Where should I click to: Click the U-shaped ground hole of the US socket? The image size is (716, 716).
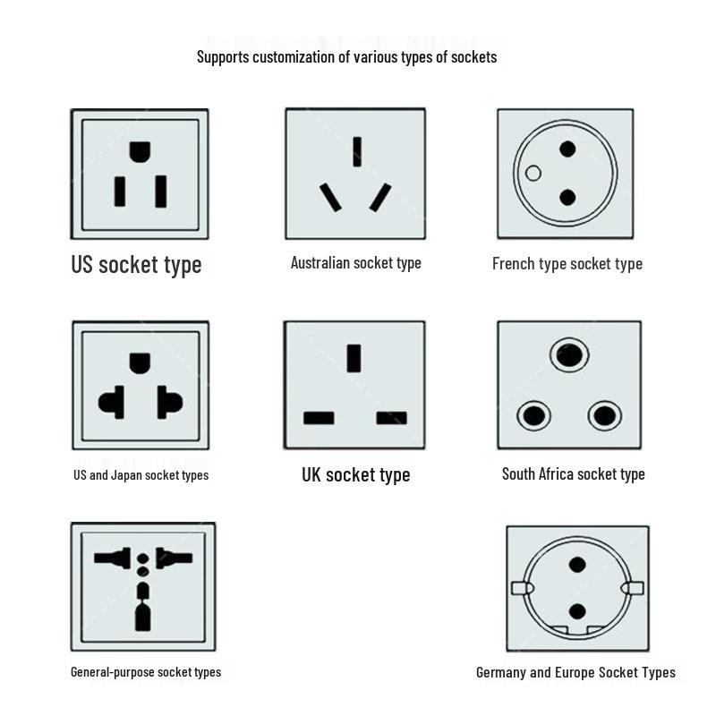pyautogui.click(x=140, y=151)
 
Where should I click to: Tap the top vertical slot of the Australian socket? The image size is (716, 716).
pyautogui.click(x=357, y=151)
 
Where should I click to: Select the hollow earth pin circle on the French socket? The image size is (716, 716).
pyautogui.click(x=533, y=173)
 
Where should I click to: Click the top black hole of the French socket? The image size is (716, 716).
pyautogui.click(x=567, y=149)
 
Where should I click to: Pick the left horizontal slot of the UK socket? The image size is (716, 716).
pyautogui.click(x=319, y=418)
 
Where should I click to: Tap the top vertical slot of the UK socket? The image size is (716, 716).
pyautogui.click(x=354, y=359)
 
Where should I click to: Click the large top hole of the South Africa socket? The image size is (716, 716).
pyautogui.click(x=569, y=354)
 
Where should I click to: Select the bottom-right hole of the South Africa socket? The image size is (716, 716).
pyautogui.click(x=605, y=415)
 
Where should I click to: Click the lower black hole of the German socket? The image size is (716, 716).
pyautogui.click(x=577, y=611)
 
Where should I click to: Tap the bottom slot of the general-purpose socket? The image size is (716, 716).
pyautogui.click(x=143, y=617)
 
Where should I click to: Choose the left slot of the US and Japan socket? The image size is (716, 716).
pyautogui.click(x=112, y=402)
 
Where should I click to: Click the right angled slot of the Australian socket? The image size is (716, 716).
pyautogui.click(x=380, y=198)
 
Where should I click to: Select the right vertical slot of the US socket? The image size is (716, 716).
pyautogui.click(x=161, y=192)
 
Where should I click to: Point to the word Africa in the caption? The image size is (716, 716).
pyautogui.click(x=556, y=474)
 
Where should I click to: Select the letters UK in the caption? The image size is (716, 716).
pyautogui.click(x=311, y=475)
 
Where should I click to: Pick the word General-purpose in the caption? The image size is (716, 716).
pyautogui.click(x=114, y=672)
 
